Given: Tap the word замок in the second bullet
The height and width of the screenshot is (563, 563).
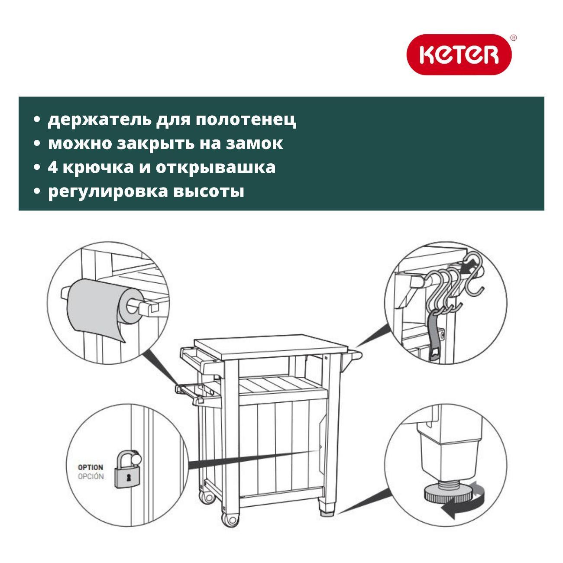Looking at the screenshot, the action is [x=254, y=143].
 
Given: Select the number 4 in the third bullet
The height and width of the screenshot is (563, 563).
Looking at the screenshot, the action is [x=52, y=167].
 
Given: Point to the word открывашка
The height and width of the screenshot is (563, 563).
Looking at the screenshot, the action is [x=216, y=168].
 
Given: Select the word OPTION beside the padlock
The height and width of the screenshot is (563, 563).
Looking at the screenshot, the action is [x=91, y=467].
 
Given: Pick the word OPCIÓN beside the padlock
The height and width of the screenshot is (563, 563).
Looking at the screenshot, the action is [x=91, y=476].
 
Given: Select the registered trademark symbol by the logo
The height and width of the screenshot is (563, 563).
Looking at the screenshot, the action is [x=513, y=38].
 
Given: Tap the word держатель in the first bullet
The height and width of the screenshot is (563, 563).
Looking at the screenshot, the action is [x=99, y=120].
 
